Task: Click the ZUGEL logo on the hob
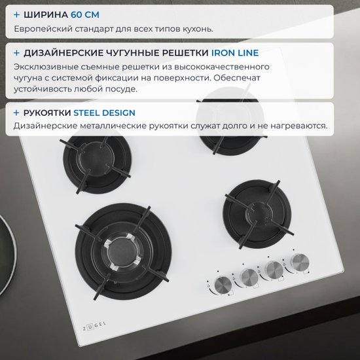click(x=94, y=326)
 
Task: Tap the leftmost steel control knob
click(x=223, y=285)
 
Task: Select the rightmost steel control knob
click(x=300, y=262)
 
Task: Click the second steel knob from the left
click(x=249, y=278)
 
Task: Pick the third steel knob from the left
click(x=274, y=270)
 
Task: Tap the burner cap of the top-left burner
click(x=96, y=157)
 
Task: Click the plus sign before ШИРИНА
click(x=16, y=14)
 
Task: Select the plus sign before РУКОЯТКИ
click(x=16, y=113)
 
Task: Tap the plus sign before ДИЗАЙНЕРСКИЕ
click(x=16, y=53)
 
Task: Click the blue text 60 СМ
click(x=85, y=14)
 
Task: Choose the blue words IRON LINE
click(x=235, y=53)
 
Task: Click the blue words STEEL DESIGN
click(x=104, y=113)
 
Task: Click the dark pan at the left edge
click(x=7, y=255)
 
